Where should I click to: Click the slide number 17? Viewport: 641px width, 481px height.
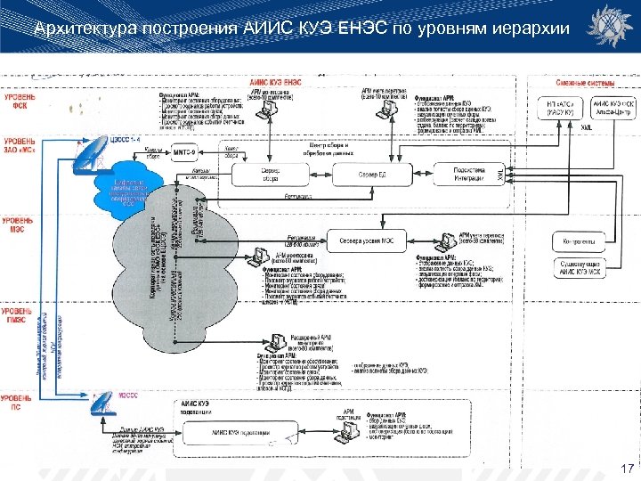tap(627, 468)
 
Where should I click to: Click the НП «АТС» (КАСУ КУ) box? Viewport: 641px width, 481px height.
tap(560, 108)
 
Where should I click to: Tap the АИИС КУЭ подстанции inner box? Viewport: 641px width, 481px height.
tap(235, 432)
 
